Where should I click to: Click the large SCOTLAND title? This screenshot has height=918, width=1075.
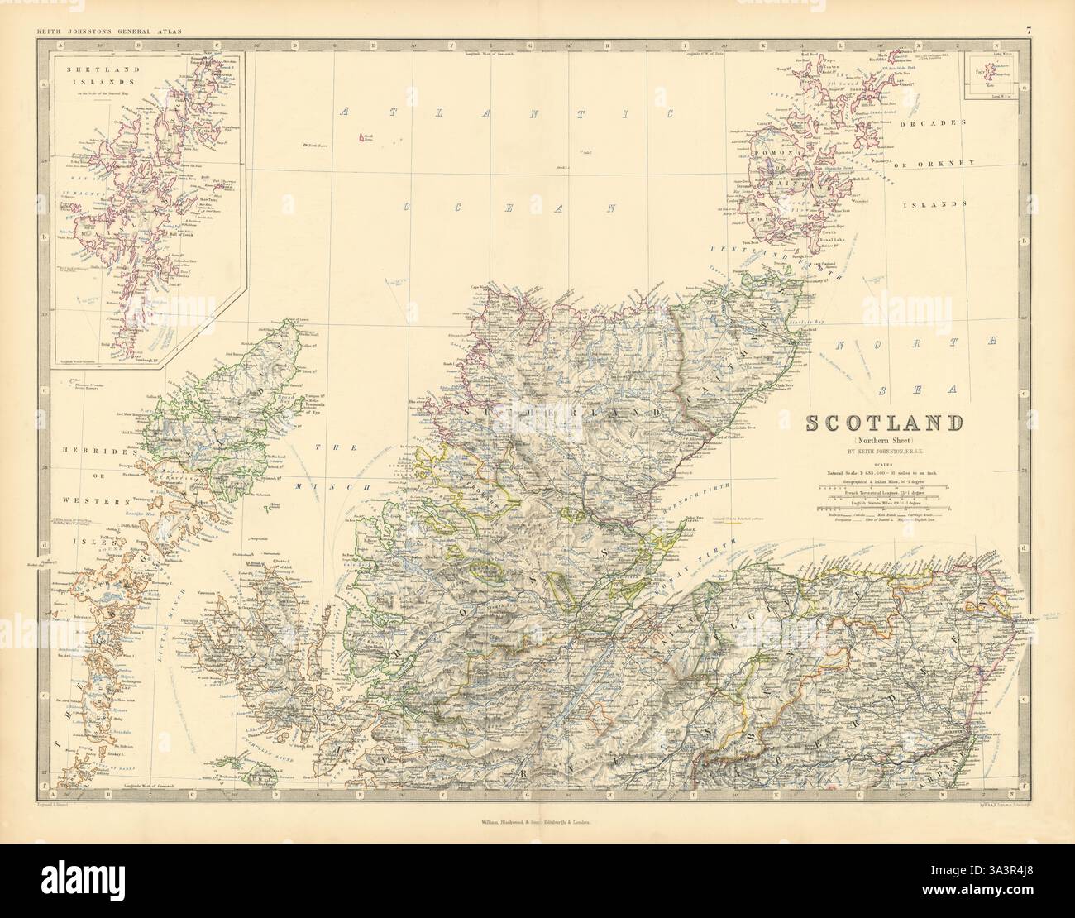coord(884,423)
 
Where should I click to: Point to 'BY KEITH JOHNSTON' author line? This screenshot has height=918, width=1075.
coord(884,452)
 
